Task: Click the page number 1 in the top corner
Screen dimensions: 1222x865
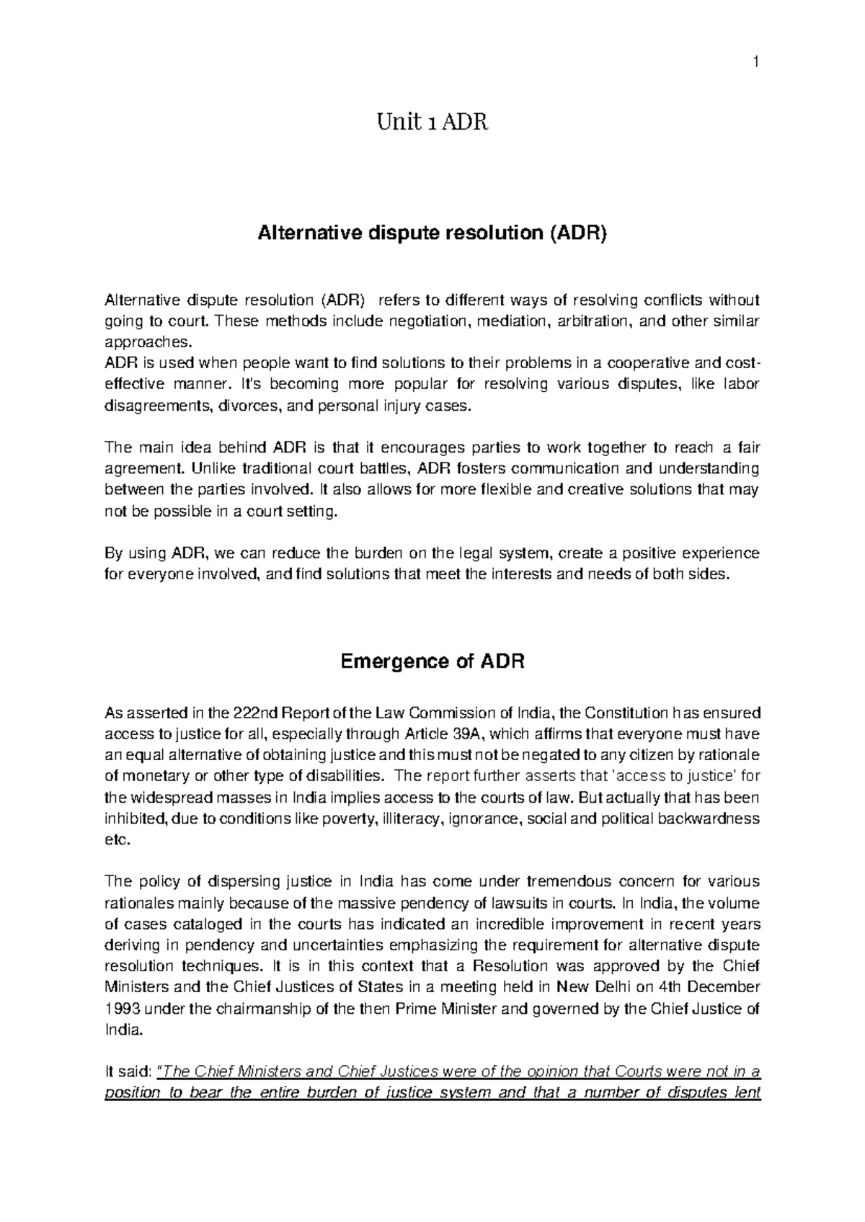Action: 756,63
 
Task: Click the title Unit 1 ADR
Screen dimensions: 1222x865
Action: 432,123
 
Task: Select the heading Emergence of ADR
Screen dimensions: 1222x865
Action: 432,661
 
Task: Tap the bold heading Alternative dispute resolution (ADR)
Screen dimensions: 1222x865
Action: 432,233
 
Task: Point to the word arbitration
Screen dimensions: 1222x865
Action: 595,320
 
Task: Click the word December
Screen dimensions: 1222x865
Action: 724,986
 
